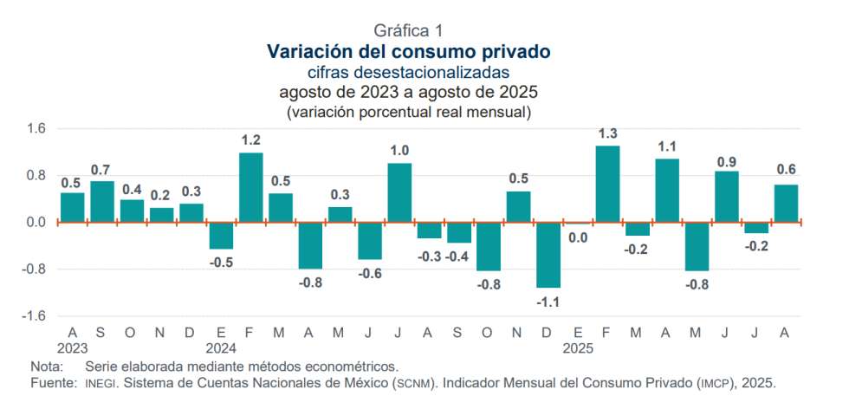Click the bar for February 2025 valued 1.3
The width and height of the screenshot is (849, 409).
[x=607, y=184]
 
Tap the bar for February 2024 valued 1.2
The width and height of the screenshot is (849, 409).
[x=251, y=187]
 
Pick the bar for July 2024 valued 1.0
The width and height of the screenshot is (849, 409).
[x=399, y=192]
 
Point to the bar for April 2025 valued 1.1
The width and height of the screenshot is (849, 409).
[x=667, y=190]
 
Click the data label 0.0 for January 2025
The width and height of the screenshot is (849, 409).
[x=578, y=237]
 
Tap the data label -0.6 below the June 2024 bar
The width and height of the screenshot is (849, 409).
[x=370, y=273]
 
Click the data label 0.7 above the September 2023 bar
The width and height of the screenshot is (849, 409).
[x=102, y=170]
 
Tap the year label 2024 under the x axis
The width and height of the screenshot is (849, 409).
[x=221, y=348]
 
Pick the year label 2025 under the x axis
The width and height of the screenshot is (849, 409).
[x=578, y=348]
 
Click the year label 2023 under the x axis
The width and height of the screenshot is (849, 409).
[x=73, y=348]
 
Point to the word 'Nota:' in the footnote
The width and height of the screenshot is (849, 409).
[x=47, y=367]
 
